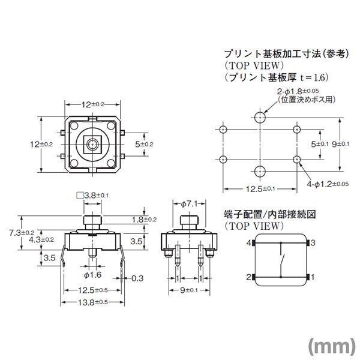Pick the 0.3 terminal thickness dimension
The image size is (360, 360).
(x=137, y=278)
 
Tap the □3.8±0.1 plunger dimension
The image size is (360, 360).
(x=92, y=195)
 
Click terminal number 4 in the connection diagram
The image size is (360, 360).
(x=248, y=243)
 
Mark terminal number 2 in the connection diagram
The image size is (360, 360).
(x=248, y=277)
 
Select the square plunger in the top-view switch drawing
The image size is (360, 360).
(x=92, y=144)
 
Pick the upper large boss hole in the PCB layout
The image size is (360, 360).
(x=259, y=116)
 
